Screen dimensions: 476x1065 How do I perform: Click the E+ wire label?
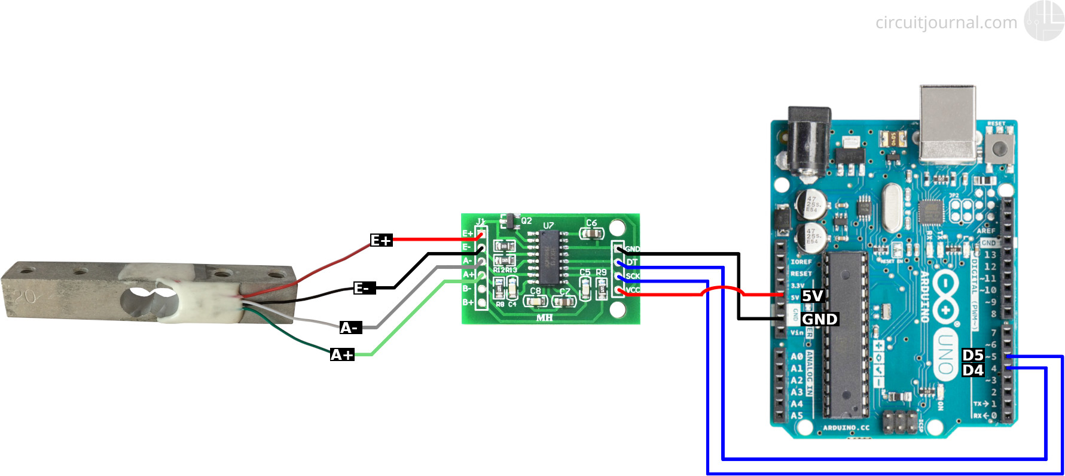point(381,240)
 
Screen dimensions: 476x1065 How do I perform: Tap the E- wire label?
point(364,288)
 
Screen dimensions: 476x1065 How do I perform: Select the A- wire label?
point(350,328)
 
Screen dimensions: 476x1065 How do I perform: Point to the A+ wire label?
point(342,354)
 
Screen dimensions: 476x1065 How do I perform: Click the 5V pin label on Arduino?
point(813,296)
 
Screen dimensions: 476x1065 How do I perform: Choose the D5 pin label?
point(973,355)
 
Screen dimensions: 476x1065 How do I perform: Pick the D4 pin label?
point(973,370)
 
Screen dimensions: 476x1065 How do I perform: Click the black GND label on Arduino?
point(819,319)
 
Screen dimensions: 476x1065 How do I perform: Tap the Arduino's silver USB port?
point(948,124)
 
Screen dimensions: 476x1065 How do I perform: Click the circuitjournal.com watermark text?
point(946,23)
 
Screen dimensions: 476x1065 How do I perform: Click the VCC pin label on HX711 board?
point(633,290)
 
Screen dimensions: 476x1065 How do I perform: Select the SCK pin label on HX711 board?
point(633,276)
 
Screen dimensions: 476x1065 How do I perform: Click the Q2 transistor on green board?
point(509,221)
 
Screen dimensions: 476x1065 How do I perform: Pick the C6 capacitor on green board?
point(591,232)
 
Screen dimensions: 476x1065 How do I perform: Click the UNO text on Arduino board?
point(945,353)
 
